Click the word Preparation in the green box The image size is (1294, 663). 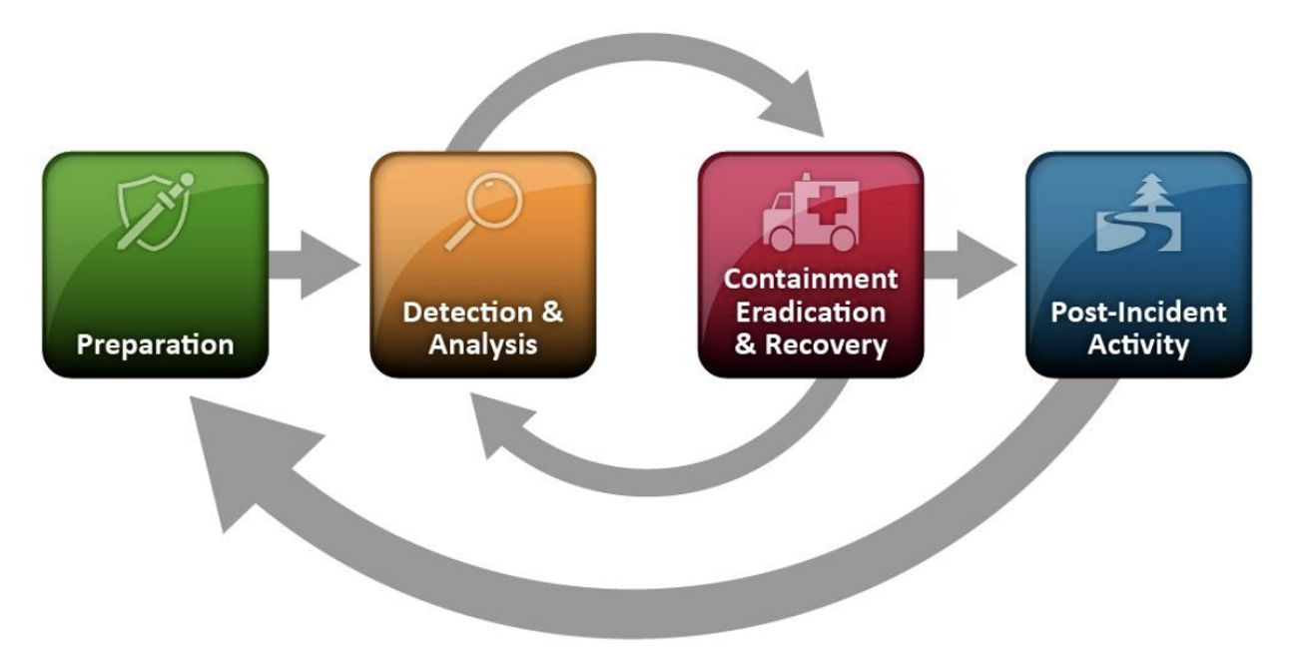click(x=156, y=345)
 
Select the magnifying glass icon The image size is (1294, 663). click(x=484, y=212)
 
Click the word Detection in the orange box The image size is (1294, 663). click(x=468, y=313)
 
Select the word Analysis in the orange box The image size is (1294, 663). click(x=483, y=345)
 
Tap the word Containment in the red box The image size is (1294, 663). click(x=811, y=280)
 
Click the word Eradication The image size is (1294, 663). click(x=811, y=313)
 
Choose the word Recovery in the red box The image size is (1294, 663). click(x=826, y=345)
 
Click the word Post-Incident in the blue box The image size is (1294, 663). click(x=1138, y=313)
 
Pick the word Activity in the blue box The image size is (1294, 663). click(x=1138, y=345)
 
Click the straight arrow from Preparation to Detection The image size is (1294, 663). click(x=315, y=265)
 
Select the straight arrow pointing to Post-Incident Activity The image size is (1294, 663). click(x=970, y=265)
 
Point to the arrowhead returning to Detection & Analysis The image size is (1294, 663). click(x=497, y=421)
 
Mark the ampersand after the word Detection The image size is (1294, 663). click(x=552, y=313)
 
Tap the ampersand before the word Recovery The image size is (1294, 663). click(x=745, y=345)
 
